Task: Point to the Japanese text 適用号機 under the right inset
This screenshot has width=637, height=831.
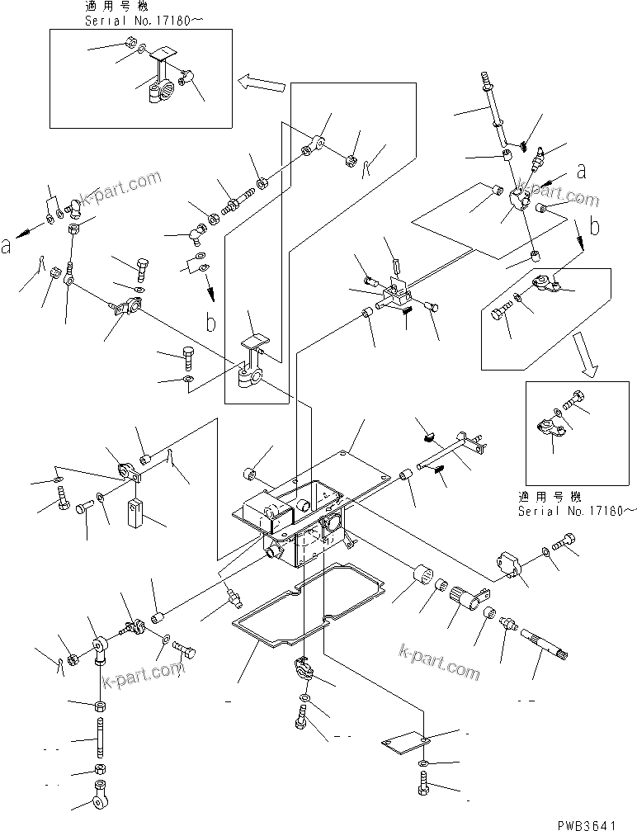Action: (x=549, y=497)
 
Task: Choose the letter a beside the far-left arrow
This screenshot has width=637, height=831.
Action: (x=7, y=245)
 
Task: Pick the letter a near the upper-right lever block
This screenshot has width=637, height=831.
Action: (x=581, y=171)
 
